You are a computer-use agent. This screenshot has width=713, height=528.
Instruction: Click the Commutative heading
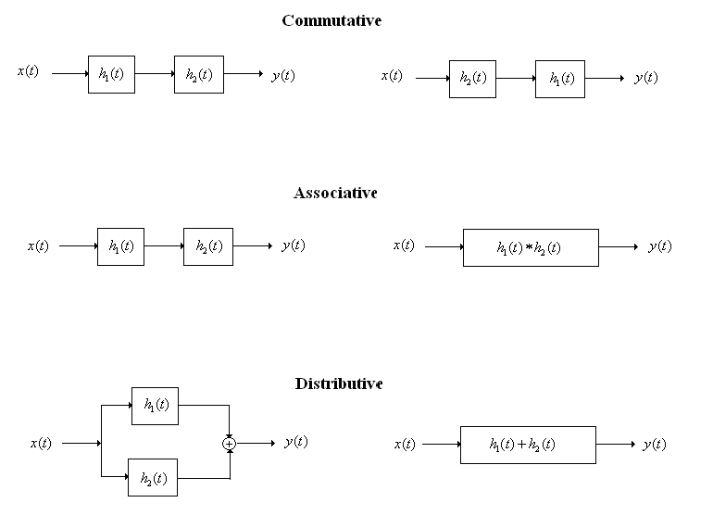point(331,20)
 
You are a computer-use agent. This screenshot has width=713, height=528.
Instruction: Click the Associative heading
point(335,193)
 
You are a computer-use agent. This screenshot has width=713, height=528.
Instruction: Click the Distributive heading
point(339,383)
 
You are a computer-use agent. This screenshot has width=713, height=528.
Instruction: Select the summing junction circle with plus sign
point(230,444)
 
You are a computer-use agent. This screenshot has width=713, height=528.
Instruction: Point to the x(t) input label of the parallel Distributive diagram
point(41,443)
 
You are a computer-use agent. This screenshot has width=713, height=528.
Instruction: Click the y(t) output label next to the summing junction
point(296,442)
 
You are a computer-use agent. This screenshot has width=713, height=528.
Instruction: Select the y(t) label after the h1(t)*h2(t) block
point(660,246)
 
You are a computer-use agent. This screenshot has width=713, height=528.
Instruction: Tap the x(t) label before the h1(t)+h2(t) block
point(405,444)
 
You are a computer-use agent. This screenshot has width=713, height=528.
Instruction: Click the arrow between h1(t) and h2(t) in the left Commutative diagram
point(155,74)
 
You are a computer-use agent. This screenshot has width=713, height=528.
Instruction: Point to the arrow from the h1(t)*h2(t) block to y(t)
point(619,247)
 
